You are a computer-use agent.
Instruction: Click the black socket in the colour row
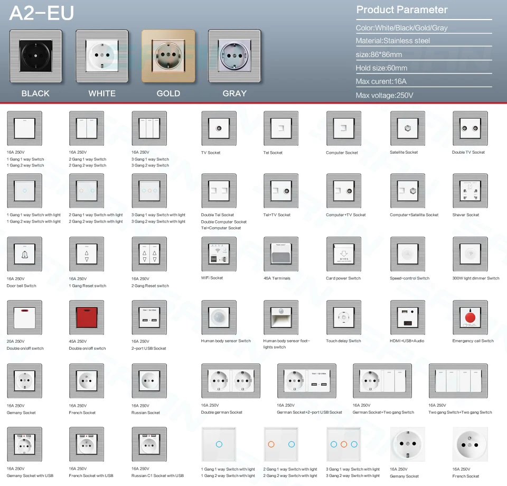tap(35, 57)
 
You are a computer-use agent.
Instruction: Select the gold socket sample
tap(168, 57)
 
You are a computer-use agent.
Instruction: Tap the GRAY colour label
tap(234, 94)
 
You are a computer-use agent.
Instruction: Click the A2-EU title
tap(42, 14)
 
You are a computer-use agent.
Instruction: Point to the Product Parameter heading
tap(402, 10)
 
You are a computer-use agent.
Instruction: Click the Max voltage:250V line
tap(384, 95)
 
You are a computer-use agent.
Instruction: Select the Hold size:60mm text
tap(381, 68)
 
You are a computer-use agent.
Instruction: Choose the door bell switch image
tap(24, 254)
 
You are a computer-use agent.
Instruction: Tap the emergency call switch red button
tap(470, 317)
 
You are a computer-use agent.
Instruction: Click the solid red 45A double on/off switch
tap(87, 317)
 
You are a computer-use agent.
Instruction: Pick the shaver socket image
tap(470, 191)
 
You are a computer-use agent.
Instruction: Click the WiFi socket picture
tap(219, 254)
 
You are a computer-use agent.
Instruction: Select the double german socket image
tap(230, 381)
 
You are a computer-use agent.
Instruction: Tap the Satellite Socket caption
tap(403, 153)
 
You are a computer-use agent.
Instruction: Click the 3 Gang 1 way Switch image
tap(149, 128)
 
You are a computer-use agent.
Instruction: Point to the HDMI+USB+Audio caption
tap(407, 341)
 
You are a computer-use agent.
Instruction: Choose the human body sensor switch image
tap(219, 317)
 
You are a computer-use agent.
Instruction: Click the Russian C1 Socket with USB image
tap(149, 444)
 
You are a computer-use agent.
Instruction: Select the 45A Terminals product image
tap(281, 254)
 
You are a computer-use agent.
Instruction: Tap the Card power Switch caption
tap(343, 278)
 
